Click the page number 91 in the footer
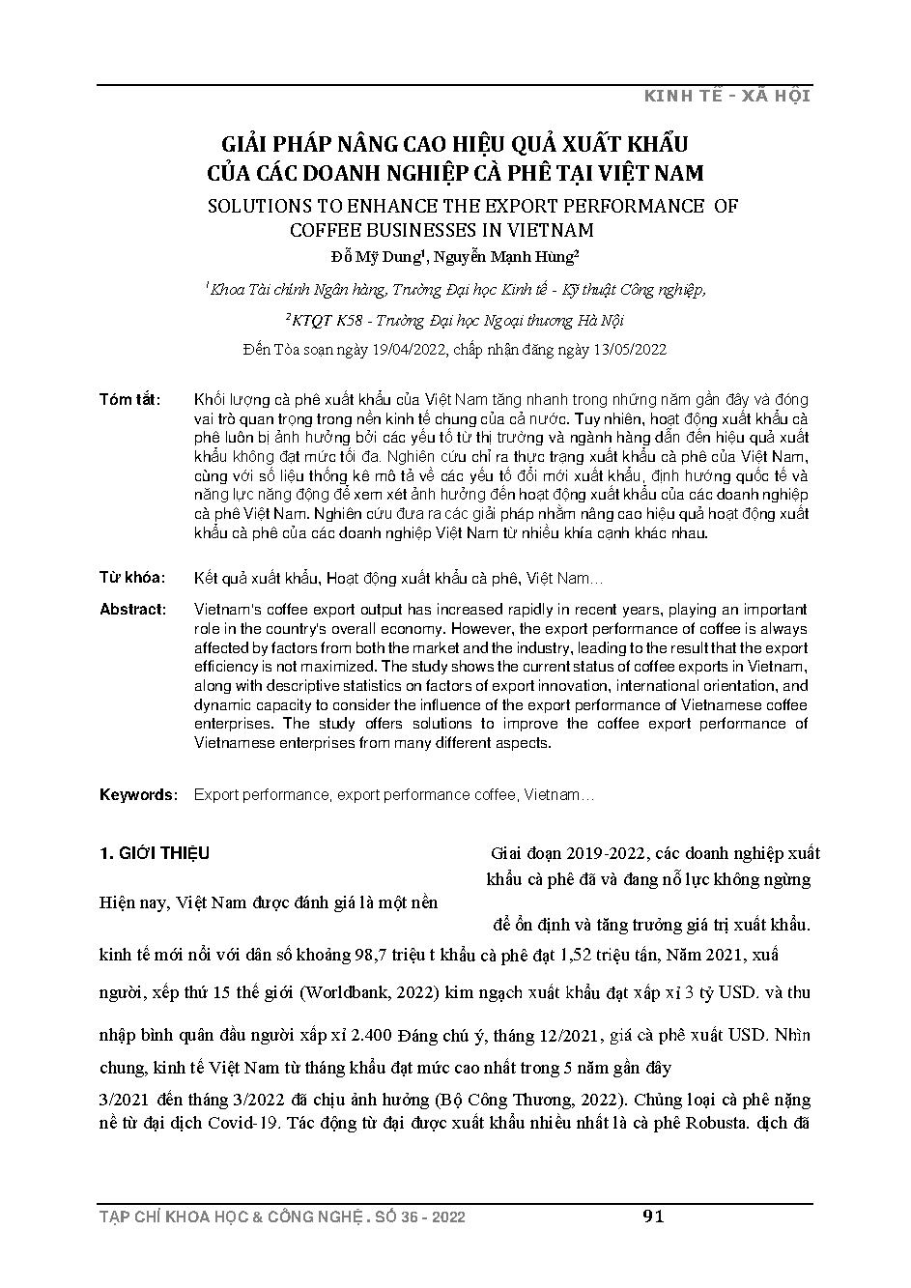pos(653,1216)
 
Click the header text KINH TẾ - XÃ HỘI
pos(726,95)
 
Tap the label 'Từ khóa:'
pos(133,578)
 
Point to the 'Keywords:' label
pos(139,795)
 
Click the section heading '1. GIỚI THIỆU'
pos(155,854)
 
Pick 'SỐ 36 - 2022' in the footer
pos(417,1217)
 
